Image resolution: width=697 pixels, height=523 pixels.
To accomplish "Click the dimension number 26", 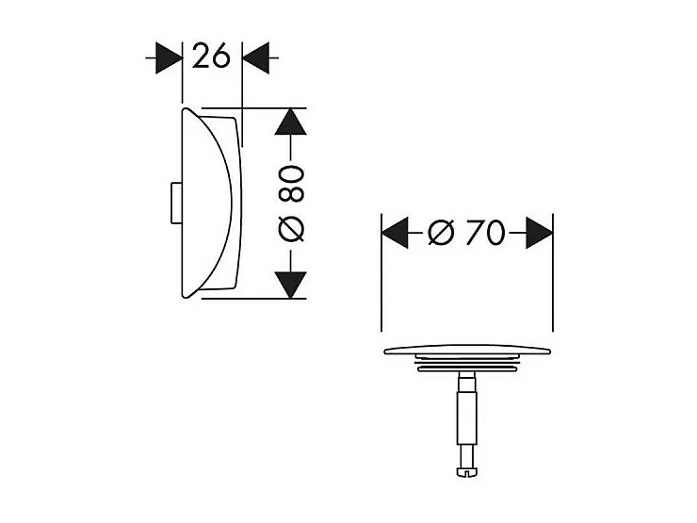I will coord(212,57).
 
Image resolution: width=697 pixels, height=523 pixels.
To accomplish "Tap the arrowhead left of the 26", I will coord(168,57).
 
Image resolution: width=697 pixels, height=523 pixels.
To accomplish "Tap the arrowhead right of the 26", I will coord(255,57).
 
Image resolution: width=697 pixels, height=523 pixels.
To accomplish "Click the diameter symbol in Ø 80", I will coord(292,227).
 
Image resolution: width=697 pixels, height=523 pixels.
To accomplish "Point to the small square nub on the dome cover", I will coord(171,204).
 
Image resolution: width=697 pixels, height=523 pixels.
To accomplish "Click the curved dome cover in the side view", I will coord(207,203).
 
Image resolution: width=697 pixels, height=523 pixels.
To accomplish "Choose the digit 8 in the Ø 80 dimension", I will coord(292,192).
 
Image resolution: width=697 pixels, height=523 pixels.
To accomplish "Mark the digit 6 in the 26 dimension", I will coord(221,57).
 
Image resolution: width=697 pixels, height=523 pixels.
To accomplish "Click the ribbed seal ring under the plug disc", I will coord(466,366).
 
